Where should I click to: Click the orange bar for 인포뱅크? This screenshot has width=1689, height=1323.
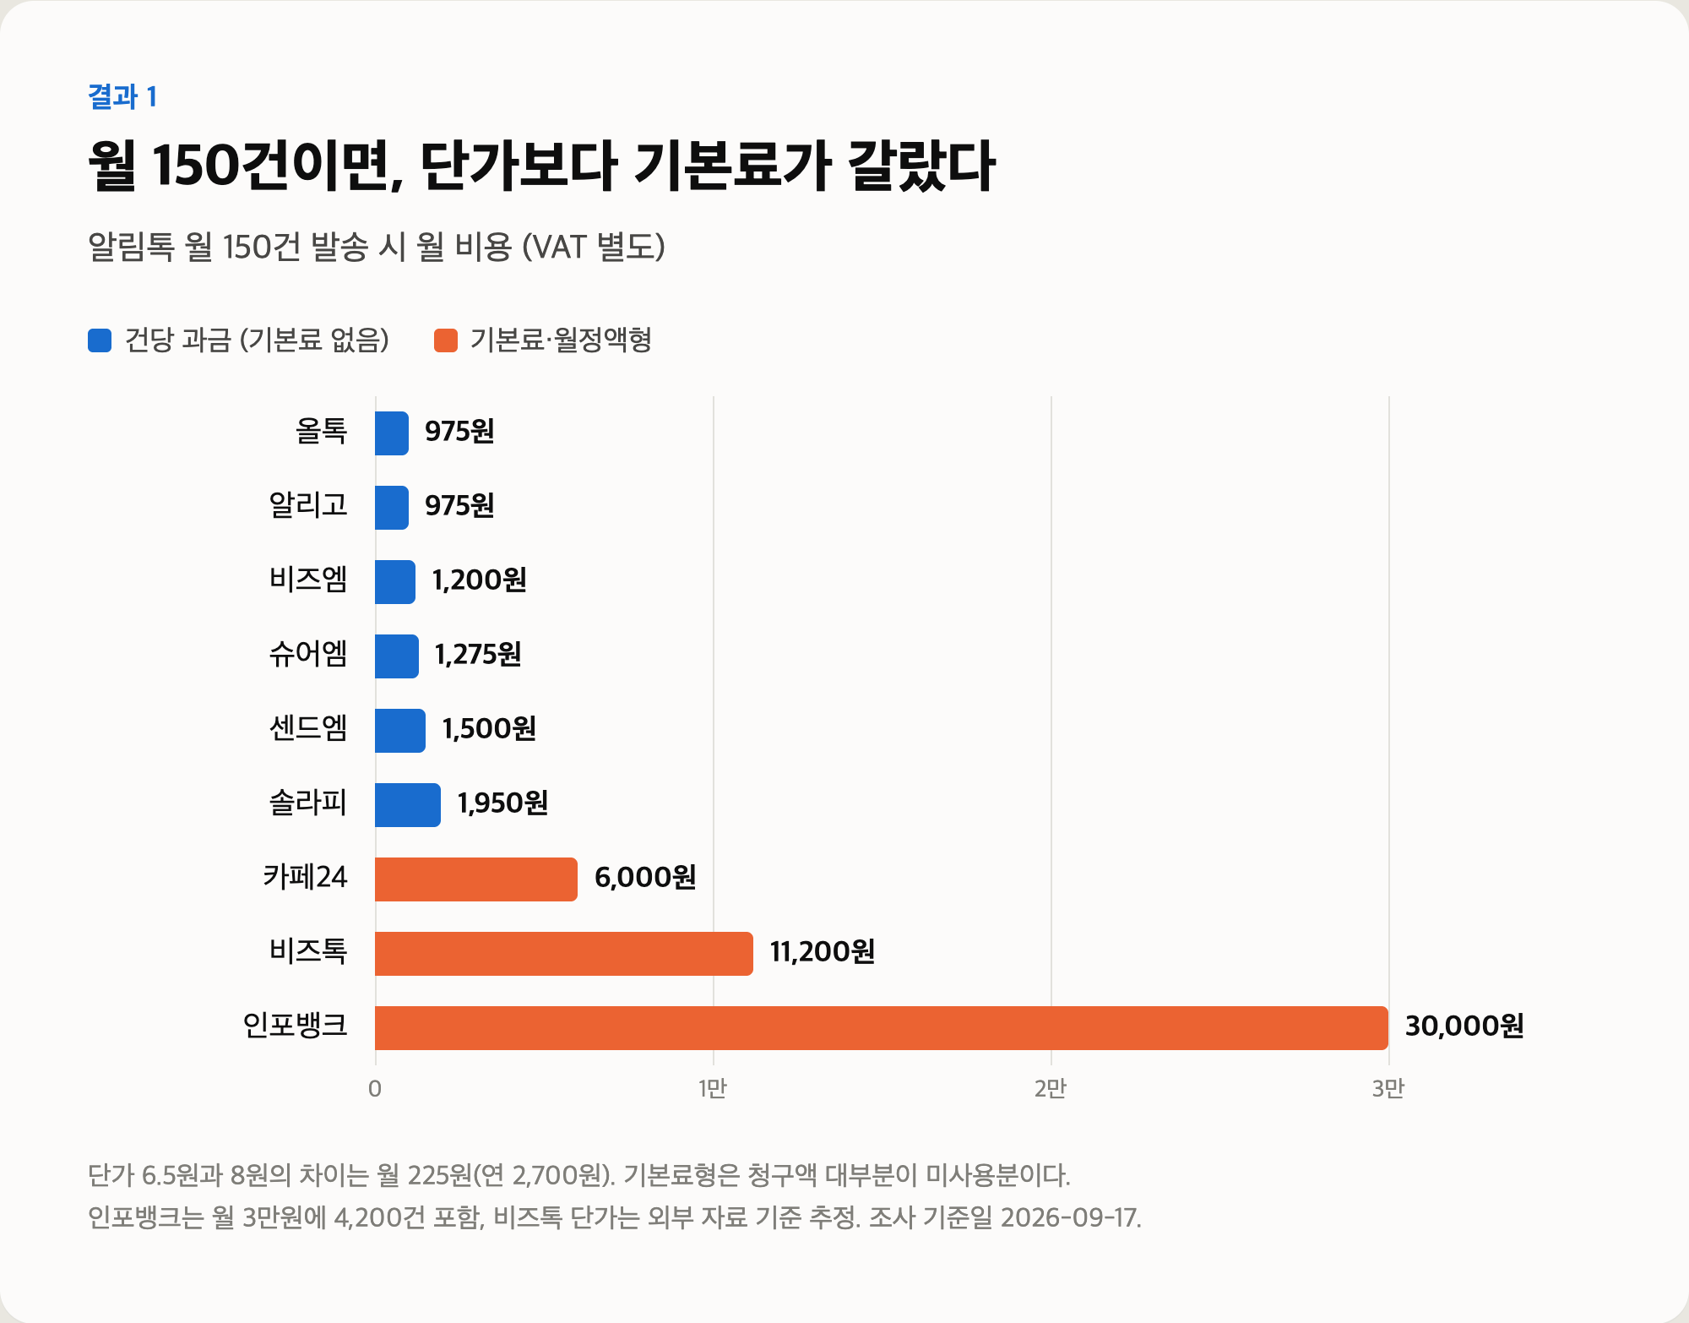click(882, 1027)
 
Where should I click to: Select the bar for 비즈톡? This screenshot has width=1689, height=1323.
click(564, 953)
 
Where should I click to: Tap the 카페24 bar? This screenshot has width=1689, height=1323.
click(476, 879)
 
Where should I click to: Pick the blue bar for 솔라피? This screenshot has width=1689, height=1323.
click(408, 804)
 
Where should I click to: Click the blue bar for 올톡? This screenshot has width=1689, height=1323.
click(392, 433)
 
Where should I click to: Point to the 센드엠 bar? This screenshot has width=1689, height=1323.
click(400, 730)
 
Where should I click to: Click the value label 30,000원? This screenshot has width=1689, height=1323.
click(1464, 1026)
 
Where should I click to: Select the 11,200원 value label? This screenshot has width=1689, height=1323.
click(823, 951)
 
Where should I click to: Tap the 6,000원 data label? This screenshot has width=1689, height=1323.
click(645, 877)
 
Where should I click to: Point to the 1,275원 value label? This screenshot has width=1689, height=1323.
click(478, 654)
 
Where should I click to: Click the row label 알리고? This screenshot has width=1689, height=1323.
click(308, 505)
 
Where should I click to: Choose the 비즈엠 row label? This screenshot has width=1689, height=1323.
click(308, 580)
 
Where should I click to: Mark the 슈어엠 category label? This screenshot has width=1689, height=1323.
click(308, 654)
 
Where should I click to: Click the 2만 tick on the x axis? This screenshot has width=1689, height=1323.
click(1051, 1088)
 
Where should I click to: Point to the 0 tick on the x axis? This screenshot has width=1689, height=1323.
click(375, 1088)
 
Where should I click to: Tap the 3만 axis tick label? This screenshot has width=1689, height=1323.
click(1388, 1088)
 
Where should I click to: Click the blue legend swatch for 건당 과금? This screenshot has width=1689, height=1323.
click(100, 340)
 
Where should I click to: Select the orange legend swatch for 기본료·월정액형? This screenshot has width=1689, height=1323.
click(446, 340)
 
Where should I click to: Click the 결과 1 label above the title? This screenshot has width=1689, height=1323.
click(122, 96)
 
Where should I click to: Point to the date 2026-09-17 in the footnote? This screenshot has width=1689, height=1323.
click(1071, 1217)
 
